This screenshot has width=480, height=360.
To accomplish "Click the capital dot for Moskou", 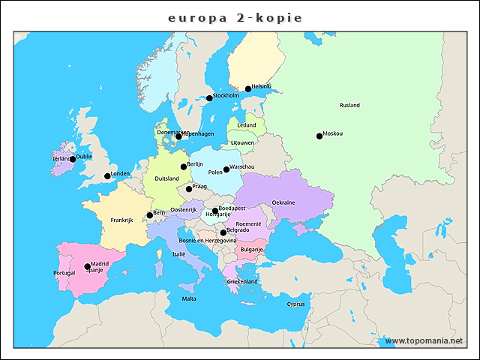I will pos(319,136).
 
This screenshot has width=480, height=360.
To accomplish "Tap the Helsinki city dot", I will pos(248,88).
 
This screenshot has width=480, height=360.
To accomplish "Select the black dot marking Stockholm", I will pos(210,98).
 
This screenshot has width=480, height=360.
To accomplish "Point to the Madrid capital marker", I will pos(87,266).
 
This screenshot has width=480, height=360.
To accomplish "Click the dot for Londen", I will pos(107,176).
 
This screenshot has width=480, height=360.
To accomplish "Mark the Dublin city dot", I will pos(73,159).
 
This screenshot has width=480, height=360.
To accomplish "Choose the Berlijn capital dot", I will pos(184,166).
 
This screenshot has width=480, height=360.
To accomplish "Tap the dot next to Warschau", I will pos(226,169).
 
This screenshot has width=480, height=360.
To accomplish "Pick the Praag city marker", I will pos(189,189).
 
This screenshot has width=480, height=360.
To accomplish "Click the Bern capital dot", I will pos(150,215).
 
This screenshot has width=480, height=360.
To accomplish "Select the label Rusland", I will pos(349,106).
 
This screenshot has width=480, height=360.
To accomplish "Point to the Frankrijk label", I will pos(121,220).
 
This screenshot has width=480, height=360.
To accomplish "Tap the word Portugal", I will pos(64,273).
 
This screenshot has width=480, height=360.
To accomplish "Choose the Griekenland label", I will pos(242,282).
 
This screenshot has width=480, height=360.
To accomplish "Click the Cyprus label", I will pos(295,304).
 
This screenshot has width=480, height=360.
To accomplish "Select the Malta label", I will pos(189,298).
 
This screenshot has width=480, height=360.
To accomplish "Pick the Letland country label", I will pos(246,125).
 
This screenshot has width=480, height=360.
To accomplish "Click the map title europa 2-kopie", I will pos(235,17).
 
